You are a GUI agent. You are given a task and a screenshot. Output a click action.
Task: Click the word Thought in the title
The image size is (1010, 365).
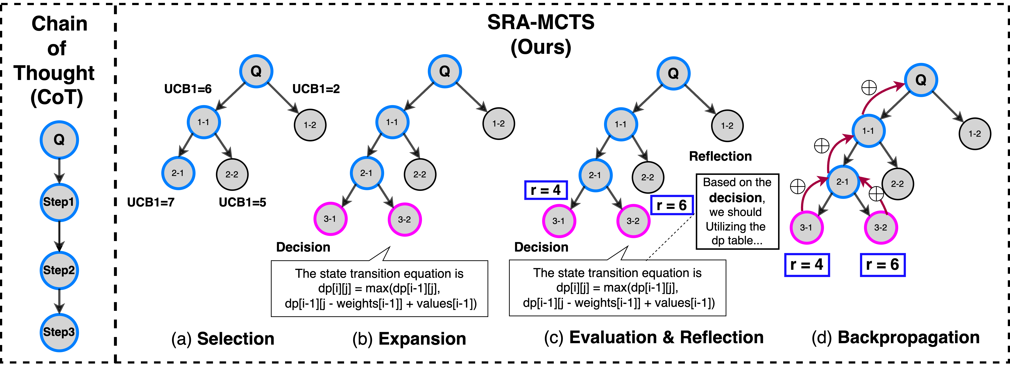coord(55,73)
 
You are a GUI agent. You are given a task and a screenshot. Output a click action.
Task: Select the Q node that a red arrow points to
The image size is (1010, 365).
coord(921,80)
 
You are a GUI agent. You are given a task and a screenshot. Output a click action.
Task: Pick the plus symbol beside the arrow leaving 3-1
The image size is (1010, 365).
coord(798,186)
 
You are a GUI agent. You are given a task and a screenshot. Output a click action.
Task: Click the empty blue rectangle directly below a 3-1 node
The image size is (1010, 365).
coord(807,265)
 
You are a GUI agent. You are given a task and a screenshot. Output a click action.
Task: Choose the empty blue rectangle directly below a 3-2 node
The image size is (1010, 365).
coord(883,265)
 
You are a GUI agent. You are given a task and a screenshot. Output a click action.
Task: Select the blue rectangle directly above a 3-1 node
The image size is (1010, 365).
coord(546,190)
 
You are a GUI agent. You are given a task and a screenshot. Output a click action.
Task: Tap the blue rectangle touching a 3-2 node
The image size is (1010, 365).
coord(672,205)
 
